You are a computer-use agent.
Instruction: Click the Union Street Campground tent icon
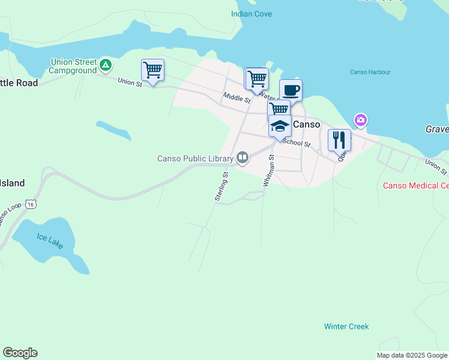tap(106, 64)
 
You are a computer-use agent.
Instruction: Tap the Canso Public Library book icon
tap(243, 158)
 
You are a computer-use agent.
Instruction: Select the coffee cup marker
tap(291, 91)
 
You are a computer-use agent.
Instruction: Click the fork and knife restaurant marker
tap(339, 140)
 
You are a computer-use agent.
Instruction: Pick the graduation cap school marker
tap(280, 126)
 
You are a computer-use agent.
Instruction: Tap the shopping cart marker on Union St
tap(152, 70)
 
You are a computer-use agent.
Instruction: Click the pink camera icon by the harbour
tap(360, 120)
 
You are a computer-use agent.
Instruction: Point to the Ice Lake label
tap(49, 238)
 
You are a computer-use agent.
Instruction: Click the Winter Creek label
tap(346, 326)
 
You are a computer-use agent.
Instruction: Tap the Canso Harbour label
tap(370, 72)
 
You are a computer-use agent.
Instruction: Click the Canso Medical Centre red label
tap(416, 185)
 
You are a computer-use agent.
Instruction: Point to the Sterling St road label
tap(221, 187)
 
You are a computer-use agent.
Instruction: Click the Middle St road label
tap(236, 97)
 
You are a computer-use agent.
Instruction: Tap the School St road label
tap(296, 143)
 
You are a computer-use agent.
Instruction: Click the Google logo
tap(20, 353)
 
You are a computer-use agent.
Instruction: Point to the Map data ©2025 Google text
tap(412, 355)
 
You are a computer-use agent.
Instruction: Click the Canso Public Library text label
tap(195, 159)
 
